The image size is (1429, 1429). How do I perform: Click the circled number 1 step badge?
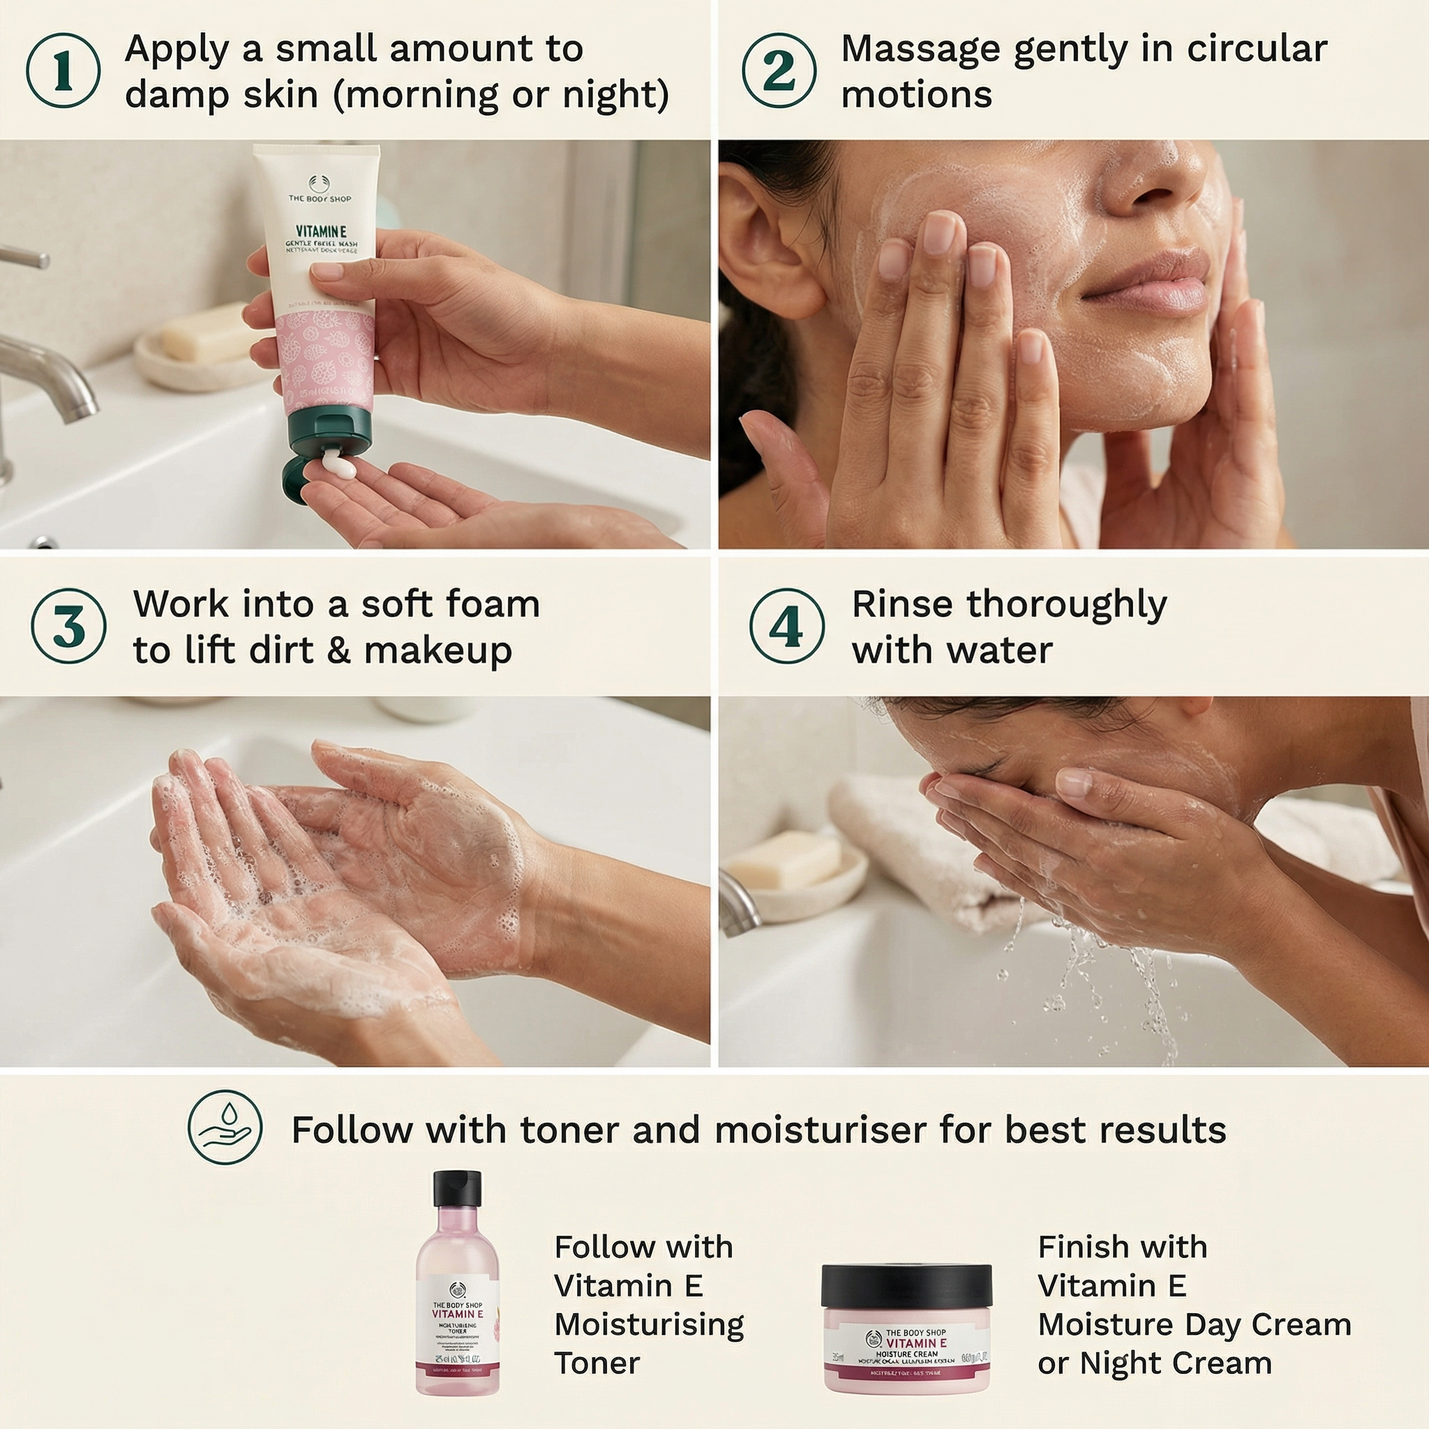point(63,71)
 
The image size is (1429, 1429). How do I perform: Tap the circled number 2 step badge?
point(779,71)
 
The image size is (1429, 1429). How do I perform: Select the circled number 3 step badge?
point(69,626)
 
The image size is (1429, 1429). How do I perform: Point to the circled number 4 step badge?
point(786,626)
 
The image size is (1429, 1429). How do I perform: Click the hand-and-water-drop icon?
point(225,1128)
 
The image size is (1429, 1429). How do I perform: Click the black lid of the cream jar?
point(906,1284)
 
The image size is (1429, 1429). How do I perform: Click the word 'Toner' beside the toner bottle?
point(597,1363)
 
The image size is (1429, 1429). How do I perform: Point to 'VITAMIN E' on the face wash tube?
point(321,232)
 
